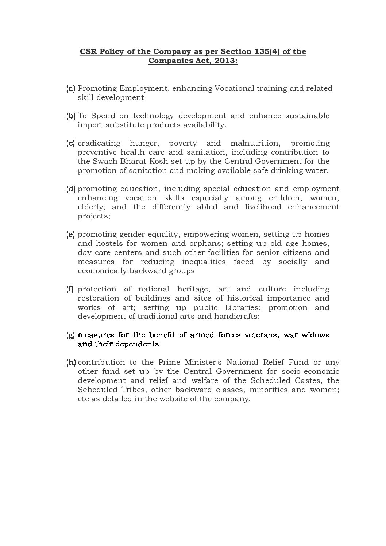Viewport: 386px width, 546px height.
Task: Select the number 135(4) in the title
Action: [x=265, y=51]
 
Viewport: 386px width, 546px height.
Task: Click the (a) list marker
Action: [x=71, y=88]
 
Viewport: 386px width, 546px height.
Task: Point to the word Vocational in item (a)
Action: [x=232, y=88]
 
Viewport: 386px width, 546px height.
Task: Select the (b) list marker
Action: [x=71, y=116]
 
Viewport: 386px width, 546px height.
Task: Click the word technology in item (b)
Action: [x=153, y=116]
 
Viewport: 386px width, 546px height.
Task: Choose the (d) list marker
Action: [x=71, y=189]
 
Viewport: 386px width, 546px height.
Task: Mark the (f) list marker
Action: [x=70, y=289]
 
